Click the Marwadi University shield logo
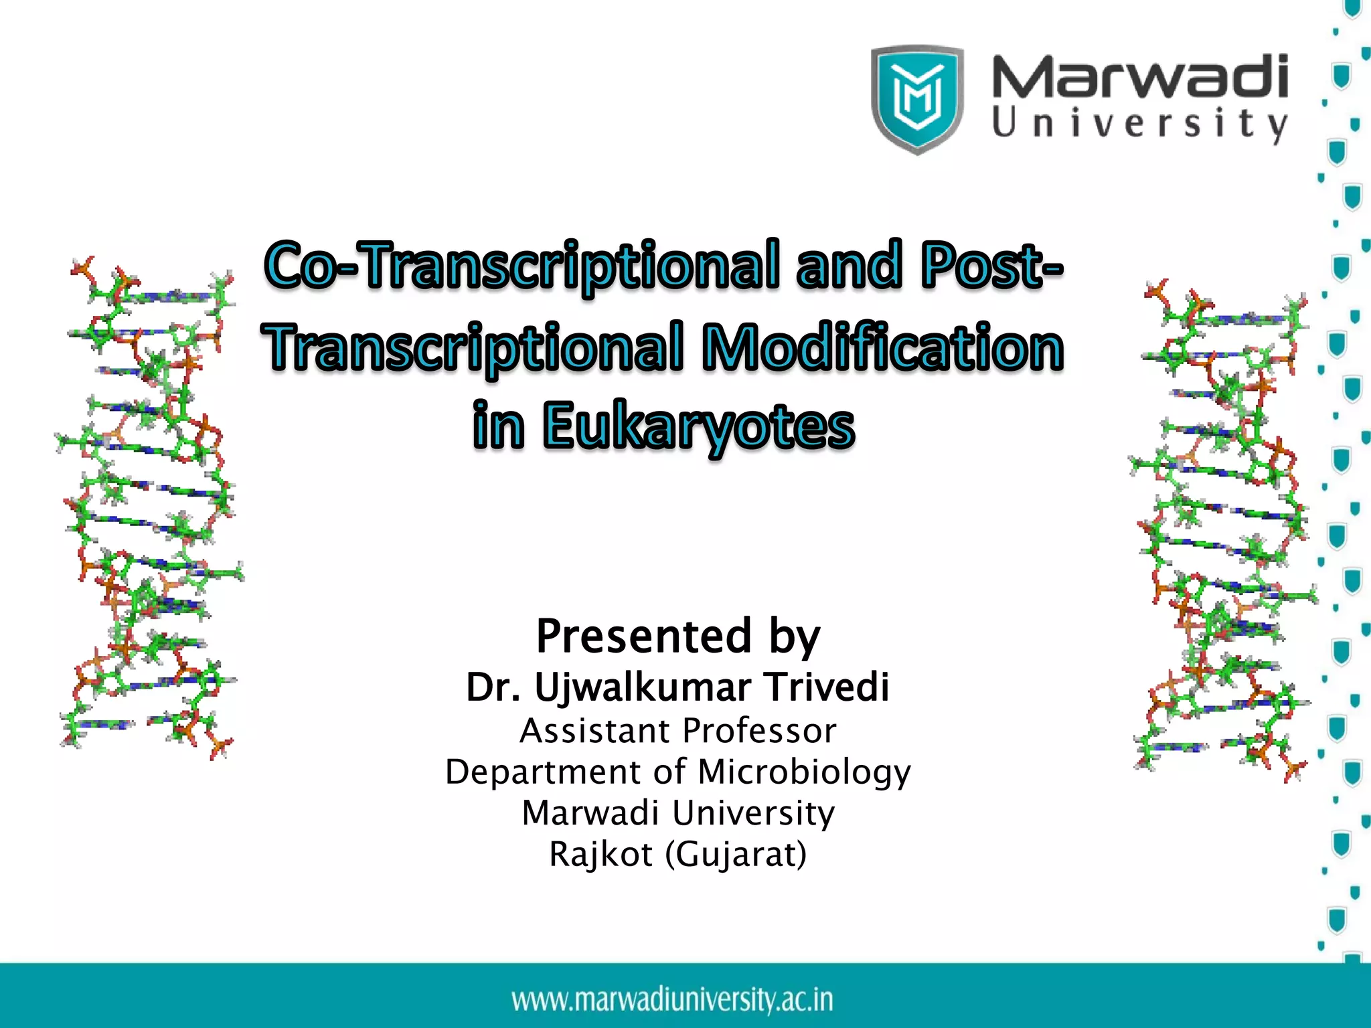tap(917, 99)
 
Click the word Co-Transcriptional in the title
tap(522, 266)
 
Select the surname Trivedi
tap(827, 687)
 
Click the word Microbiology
tap(804, 772)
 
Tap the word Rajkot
tap(600, 855)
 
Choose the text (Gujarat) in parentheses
tap(736, 855)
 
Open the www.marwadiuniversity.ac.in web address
tap(673, 1000)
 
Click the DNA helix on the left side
tap(151, 509)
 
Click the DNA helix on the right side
tap(1222, 529)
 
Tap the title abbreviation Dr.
tap(493, 688)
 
